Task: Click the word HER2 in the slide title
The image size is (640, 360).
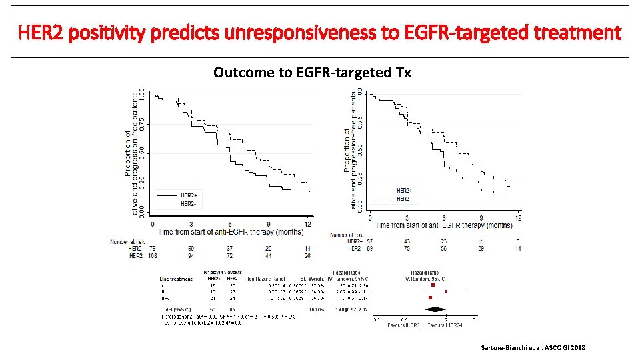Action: (x=41, y=31)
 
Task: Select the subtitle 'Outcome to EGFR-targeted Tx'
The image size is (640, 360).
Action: (x=312, y=72)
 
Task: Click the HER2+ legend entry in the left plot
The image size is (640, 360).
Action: (x=189, y=195)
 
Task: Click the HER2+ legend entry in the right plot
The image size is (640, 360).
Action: (x=404, y=190)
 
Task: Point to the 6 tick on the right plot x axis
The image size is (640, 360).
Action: (x=445, y=217)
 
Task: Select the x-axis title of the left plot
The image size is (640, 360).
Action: (x=231, y=231)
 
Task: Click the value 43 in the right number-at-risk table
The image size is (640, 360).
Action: (x=407, y=241)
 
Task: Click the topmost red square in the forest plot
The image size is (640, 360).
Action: (x=433, y=285)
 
